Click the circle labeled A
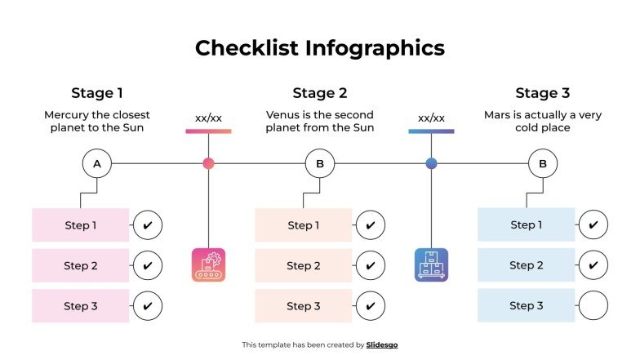[x=97, y=164]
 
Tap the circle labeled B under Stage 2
[x=320, y=164]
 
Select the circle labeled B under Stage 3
[x=543, y=164]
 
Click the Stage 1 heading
[x=97, y=93]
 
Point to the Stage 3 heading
[x=543, y=93]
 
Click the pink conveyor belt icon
[x=208, y=264]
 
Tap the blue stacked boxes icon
[x=431, y=264]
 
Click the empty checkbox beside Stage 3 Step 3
[x=593, y=306]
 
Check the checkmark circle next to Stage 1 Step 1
[x=147, y=224]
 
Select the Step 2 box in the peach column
[x=303, y=265]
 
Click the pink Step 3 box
[x=81, y=306]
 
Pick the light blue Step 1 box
[x=527, y=224]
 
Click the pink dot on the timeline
[x=208, y=163]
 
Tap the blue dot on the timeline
[x=431, y=163]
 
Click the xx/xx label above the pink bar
[x=208, y=118]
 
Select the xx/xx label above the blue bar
[x=431, y=118]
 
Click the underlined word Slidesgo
[x=381, y=345]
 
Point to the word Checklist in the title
[x=246, y=48]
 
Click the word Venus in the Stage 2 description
[x=282, y=115]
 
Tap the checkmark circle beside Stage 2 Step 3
[x=370, y=306]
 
